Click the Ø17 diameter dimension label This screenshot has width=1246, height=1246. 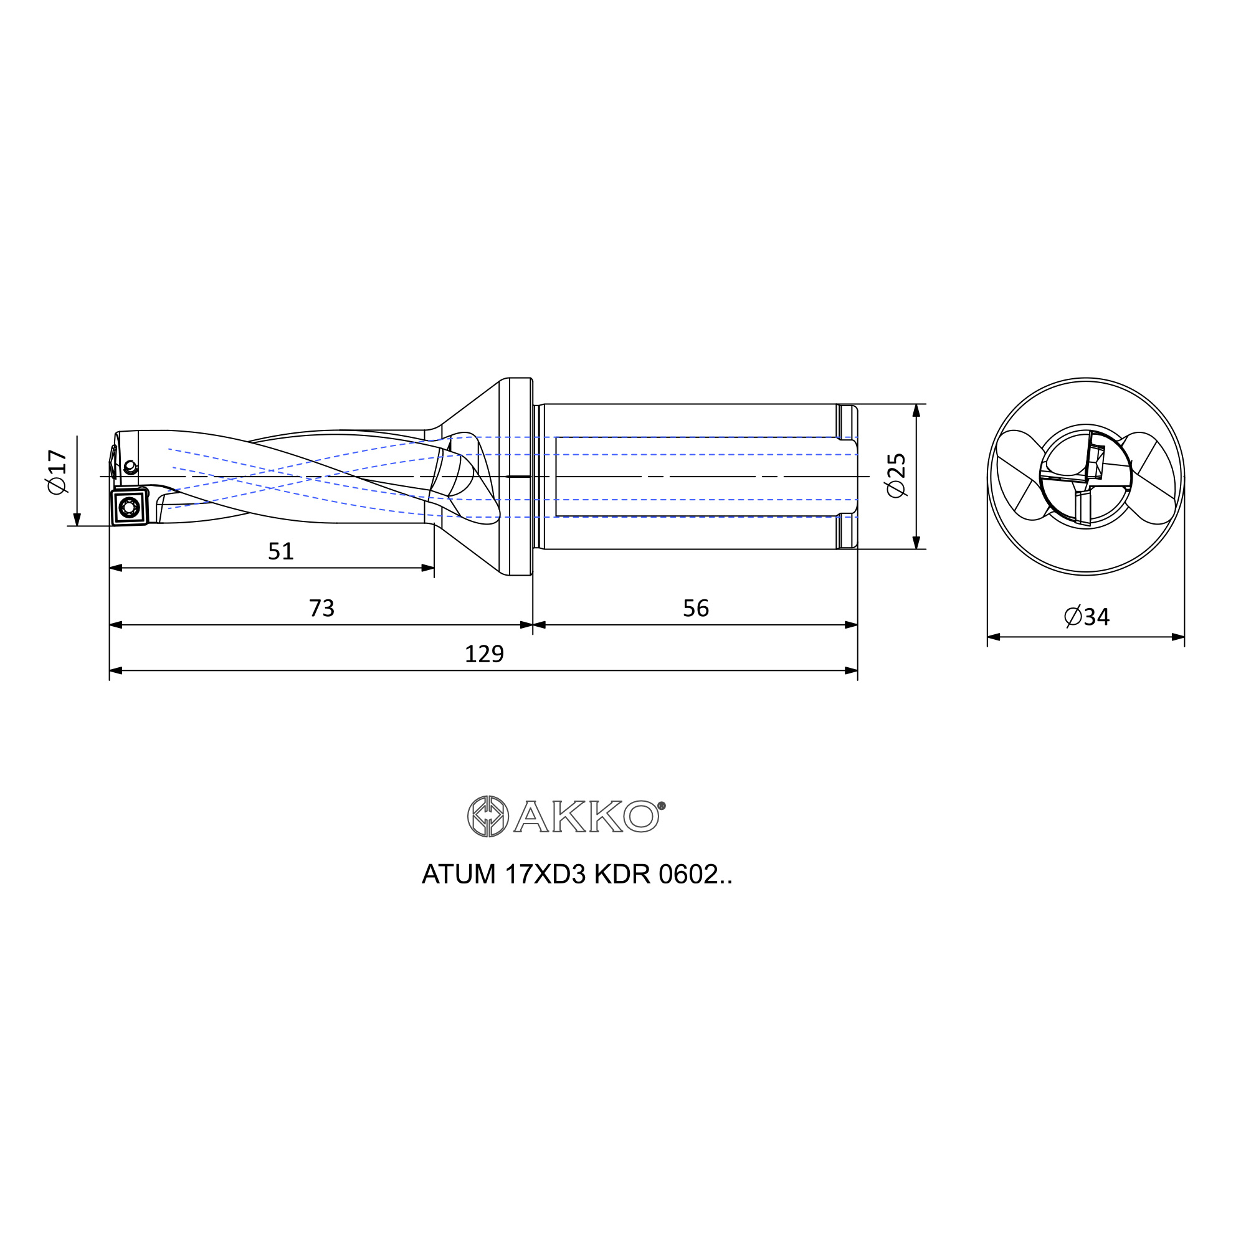(x=57, y=472)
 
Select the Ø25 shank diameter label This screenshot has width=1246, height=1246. (x=896, y=475)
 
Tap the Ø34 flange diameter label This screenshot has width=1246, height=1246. (x=1087, y=617)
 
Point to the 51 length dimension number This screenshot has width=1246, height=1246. (x=280, y=551)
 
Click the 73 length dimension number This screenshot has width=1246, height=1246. (x=321, y=608)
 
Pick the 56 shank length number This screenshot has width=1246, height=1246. (x=696, y=608)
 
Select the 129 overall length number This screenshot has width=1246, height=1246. (x=484, y=654)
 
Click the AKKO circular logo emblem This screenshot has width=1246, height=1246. (x=488, y=817)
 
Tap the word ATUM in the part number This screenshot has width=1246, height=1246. (x=459, y=875)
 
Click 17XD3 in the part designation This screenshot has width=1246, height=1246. (x=545, y=875)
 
